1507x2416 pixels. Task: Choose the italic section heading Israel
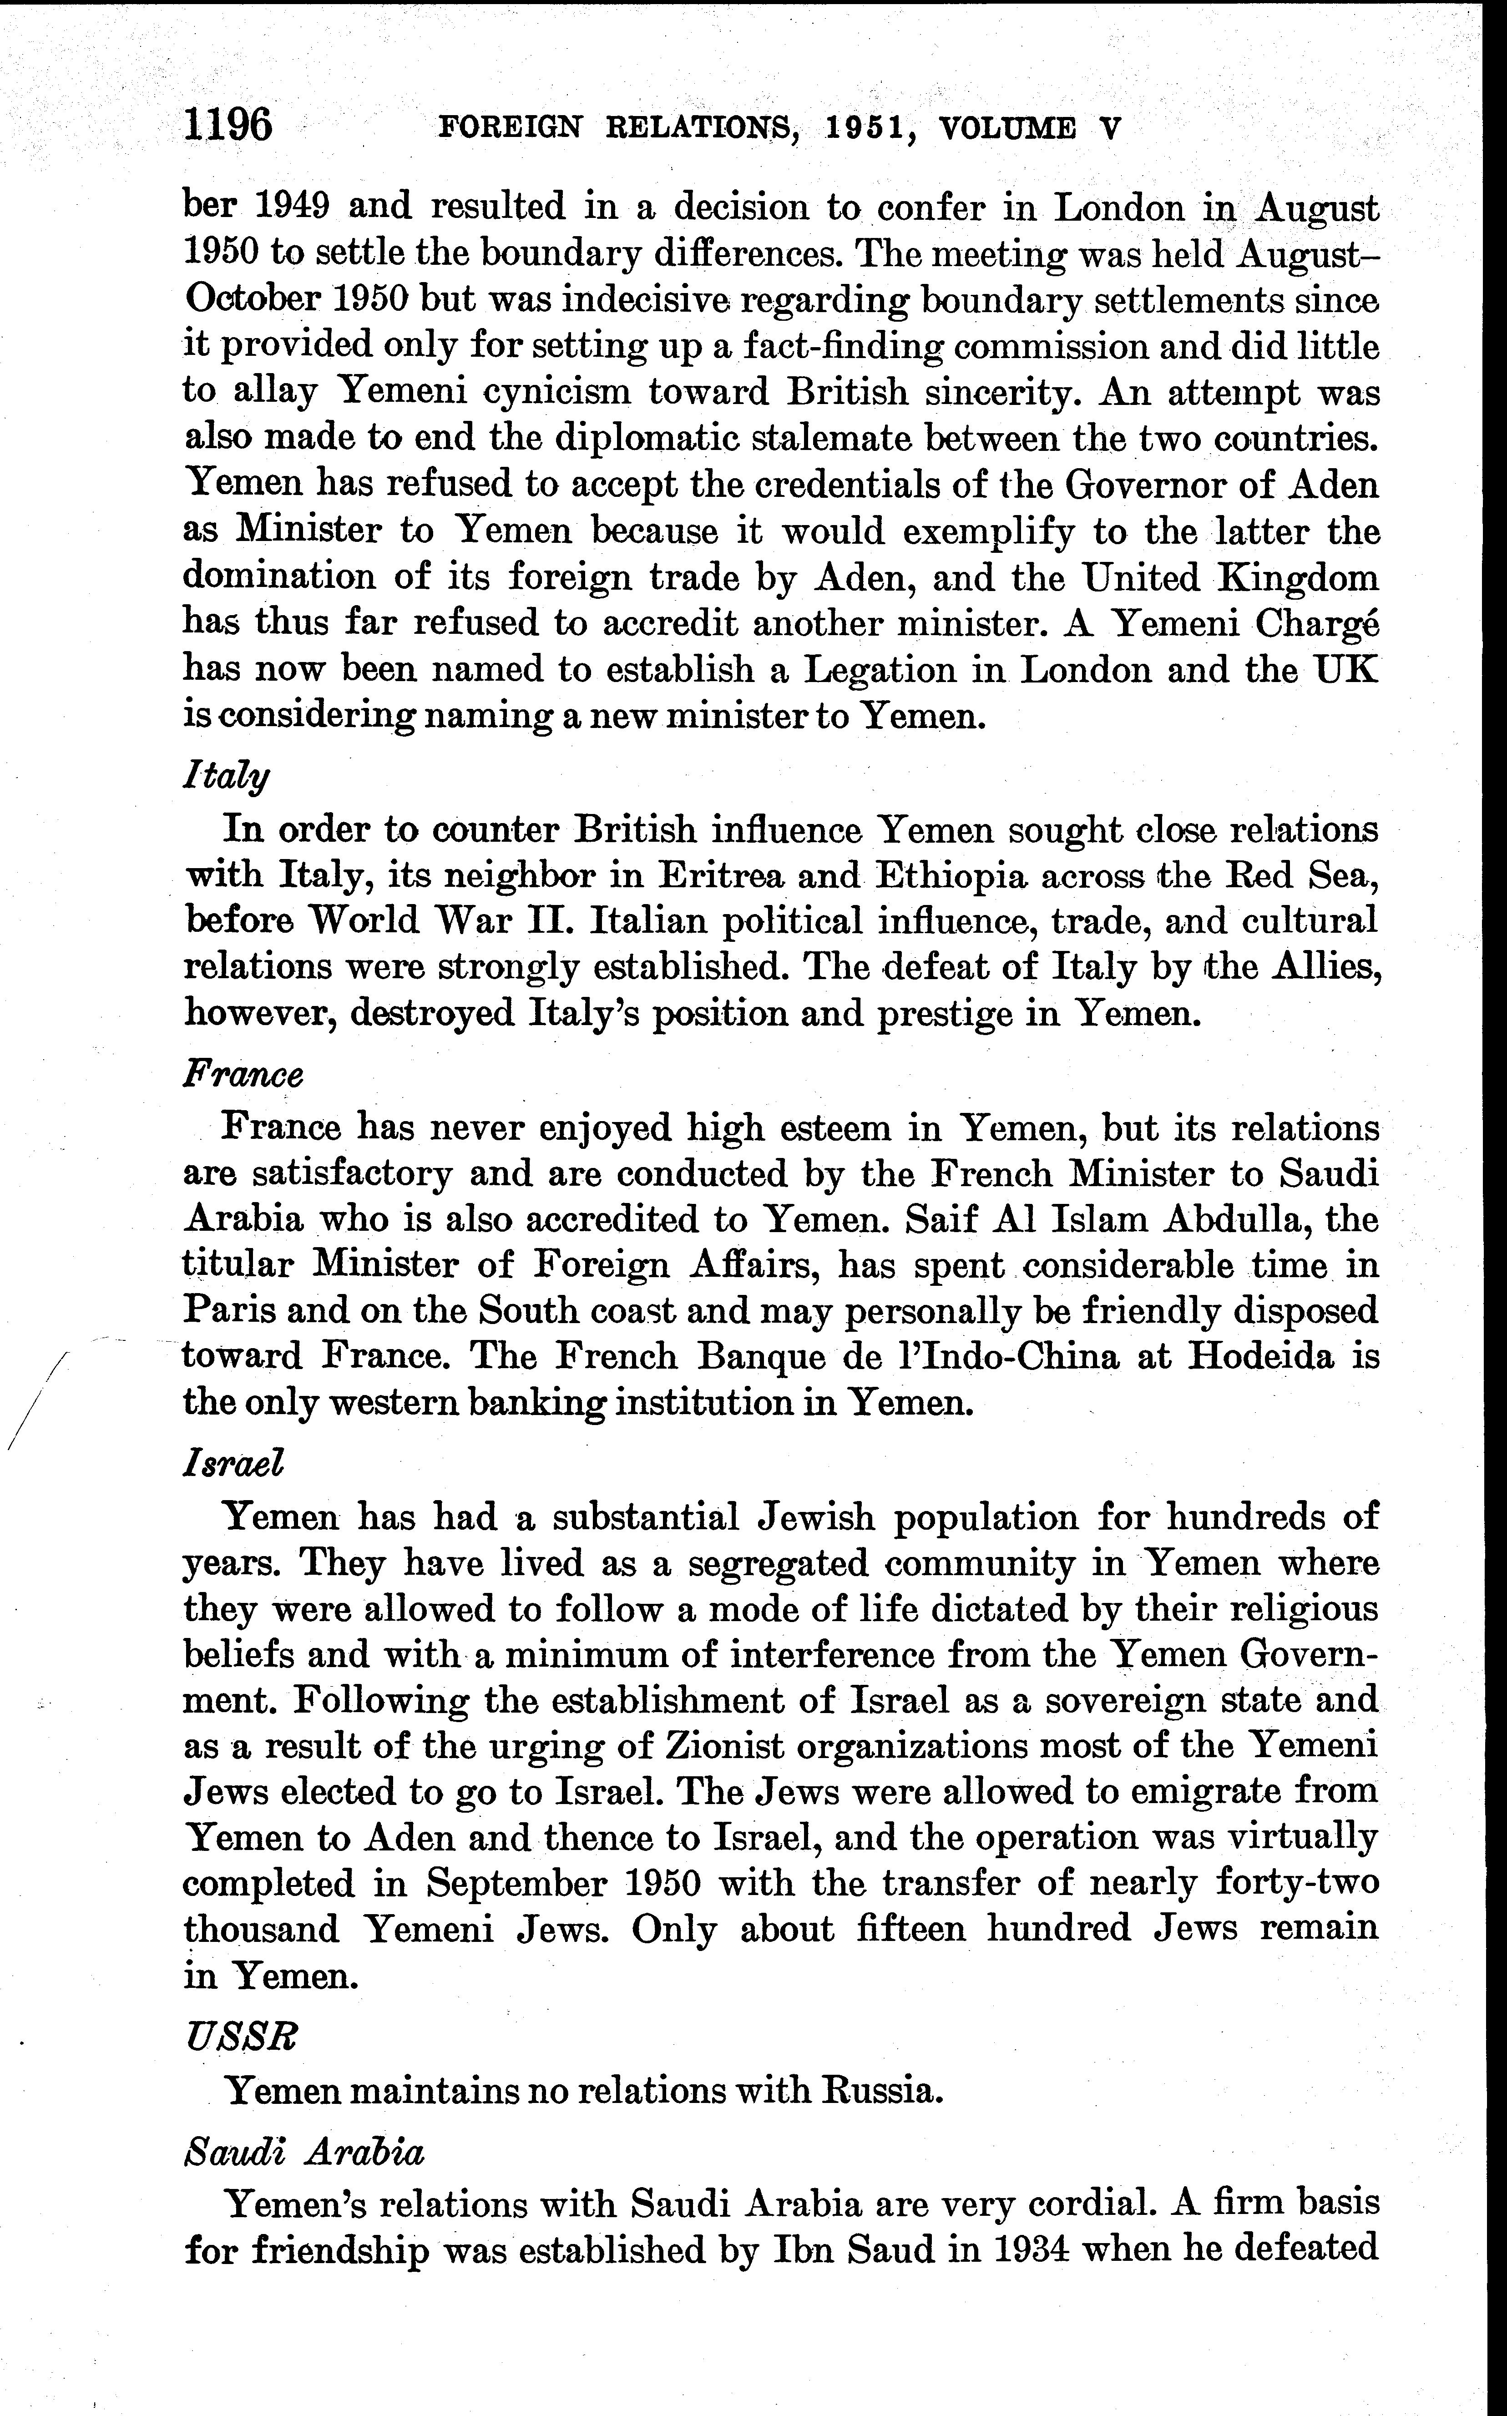coord(234,1462)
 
